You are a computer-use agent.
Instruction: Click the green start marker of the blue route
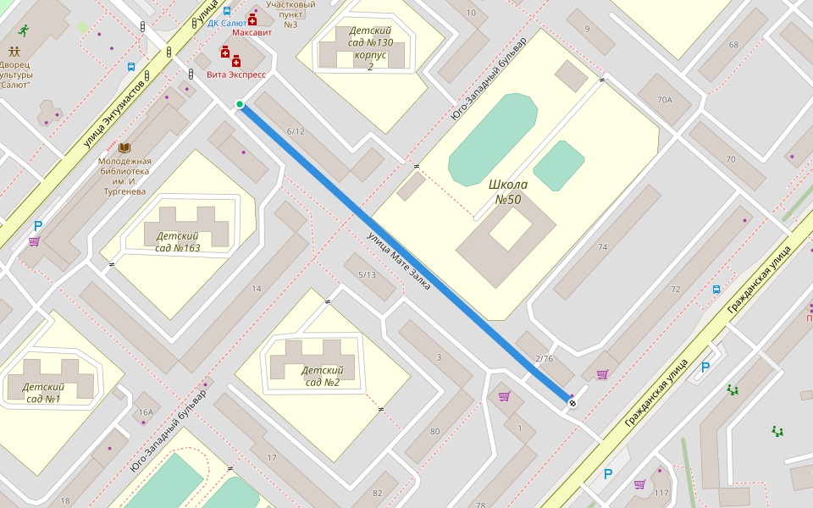click(x=240, y=104)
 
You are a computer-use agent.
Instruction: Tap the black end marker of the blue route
click(x=572, y=403)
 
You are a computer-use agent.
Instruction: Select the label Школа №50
click(x=508, y=192)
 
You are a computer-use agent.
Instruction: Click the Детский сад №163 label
click(x=178, y=241)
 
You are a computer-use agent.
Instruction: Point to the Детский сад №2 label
click(x=321, y=376)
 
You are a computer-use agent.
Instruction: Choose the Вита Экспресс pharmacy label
click(x=236, y=75)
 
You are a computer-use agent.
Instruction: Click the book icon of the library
click(x=124, y=147)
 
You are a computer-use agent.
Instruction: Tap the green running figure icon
click(x=22, y=30)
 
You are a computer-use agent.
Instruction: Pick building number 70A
click(x=664, y=100)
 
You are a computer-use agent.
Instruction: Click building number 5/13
click(x=367, y=274)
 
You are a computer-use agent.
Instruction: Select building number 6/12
click(x=296, y=131)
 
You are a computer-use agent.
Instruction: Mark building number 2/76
click(x=544, y=358)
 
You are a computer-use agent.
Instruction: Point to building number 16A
click(x=147, y=412)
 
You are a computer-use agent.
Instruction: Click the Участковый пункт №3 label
click(x=290, y=14)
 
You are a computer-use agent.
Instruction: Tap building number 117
click(x=661, y=493)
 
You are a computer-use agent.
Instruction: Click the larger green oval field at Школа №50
click(x=492, y=139)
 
